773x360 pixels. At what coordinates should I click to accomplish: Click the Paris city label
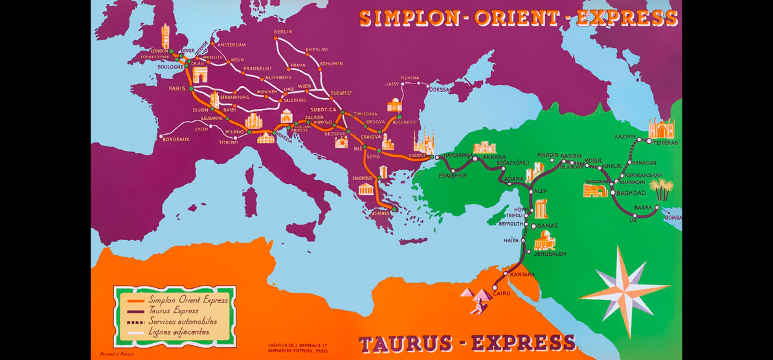(x=177, y=89)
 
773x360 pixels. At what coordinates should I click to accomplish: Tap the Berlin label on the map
(x=283, y=32)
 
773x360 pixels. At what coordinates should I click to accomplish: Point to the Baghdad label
(x=632, y=193)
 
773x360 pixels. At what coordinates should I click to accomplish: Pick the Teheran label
(x=666, y=142)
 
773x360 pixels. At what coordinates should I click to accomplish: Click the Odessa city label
(x=438, y=89)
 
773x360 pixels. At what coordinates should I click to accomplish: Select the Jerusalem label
(x=550, y=254)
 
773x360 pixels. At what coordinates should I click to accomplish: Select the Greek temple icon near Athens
(x=366, y=190)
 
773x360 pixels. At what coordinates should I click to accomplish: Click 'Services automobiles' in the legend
(x=182, y=321)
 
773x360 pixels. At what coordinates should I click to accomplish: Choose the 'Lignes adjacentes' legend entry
(x=179, y=332)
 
